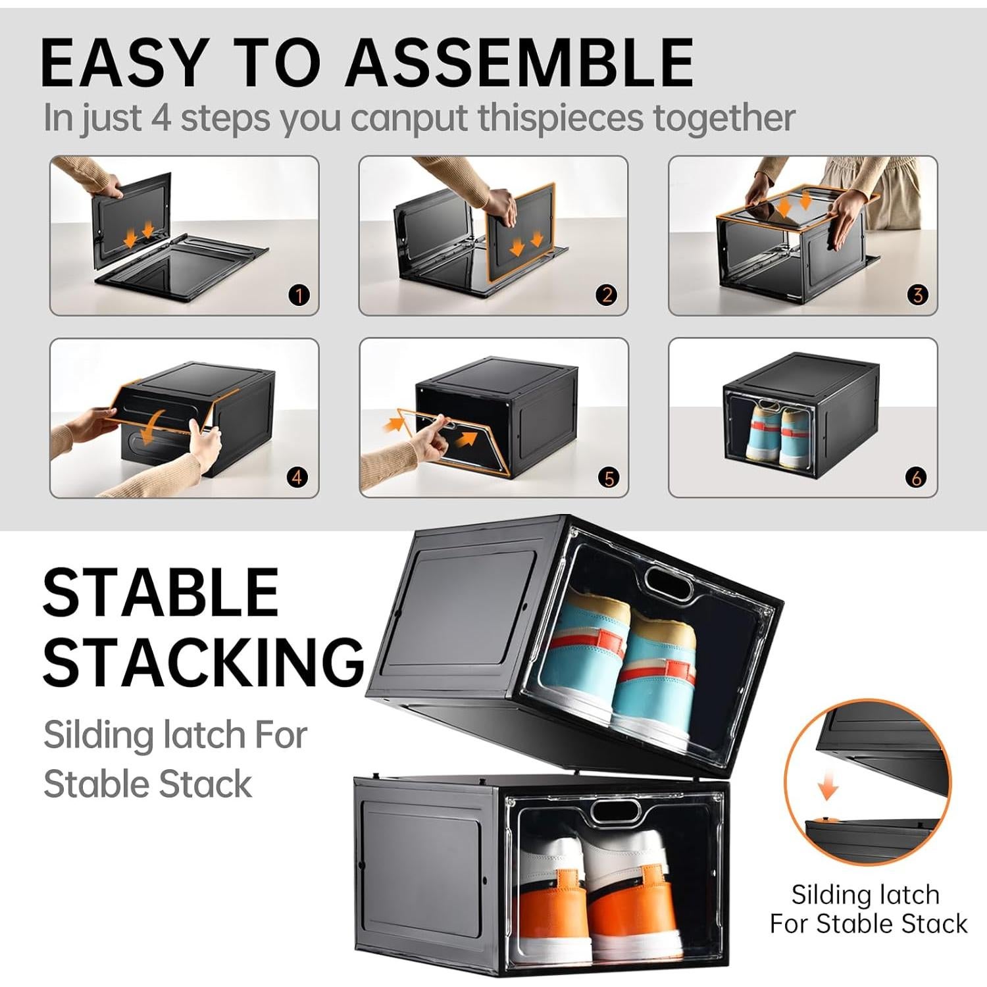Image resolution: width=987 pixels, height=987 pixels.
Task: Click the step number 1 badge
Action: point(299,295)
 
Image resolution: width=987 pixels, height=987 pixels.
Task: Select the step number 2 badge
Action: point(607,295)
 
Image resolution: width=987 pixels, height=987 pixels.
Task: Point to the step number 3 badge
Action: point(917,295)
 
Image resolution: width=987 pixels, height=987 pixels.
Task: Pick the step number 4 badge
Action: point(297,477)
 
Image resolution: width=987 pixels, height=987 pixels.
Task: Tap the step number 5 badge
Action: point(609,478)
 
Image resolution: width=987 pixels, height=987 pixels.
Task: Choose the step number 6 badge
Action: point(917,478)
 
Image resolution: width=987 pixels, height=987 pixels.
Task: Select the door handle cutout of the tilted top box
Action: point(669,583)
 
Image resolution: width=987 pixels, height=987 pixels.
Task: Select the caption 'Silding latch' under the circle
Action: point(865,895)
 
